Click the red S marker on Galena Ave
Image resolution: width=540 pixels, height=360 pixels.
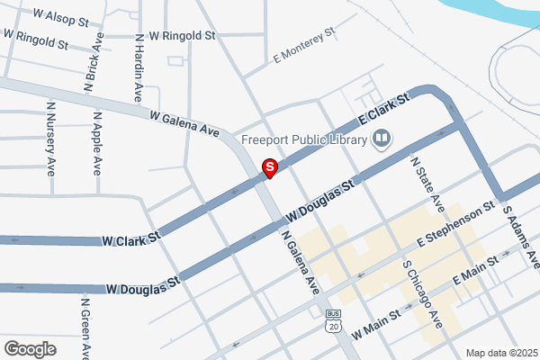click(268, 166)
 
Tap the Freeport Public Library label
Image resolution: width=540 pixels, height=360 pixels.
click(304, 139)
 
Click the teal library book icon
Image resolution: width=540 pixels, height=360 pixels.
click(382, 139)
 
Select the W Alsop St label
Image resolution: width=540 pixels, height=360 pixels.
click(60, 17)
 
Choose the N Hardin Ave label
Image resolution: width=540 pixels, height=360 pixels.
click(139, 67)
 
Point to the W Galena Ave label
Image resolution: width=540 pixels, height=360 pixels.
click(184, 124)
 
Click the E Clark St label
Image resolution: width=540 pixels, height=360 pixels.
click(384, 112)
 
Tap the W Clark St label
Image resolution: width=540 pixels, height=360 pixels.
click(130, 240)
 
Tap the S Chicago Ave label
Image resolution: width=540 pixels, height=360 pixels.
click(421, 294)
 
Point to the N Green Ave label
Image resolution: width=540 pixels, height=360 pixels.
click(86, 326)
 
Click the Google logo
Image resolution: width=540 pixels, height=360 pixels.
click(30, 348)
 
